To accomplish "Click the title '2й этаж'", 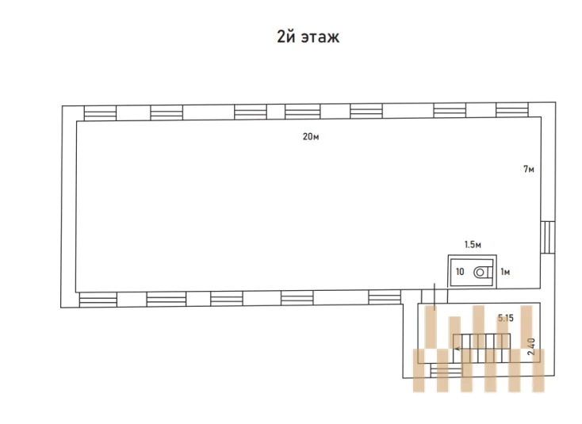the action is click(x=308, y=36).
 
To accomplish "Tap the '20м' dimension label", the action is click(x=311, y=136).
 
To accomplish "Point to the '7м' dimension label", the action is click(x=529, y=169).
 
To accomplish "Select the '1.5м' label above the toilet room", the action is click(x=473, y=244).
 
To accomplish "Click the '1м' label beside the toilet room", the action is click(x=505, y=272).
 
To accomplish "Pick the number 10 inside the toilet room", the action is click(x=460, y=272).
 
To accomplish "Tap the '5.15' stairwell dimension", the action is click(x=506, y=318).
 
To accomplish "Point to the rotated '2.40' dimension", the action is click(x=531, y=346).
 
